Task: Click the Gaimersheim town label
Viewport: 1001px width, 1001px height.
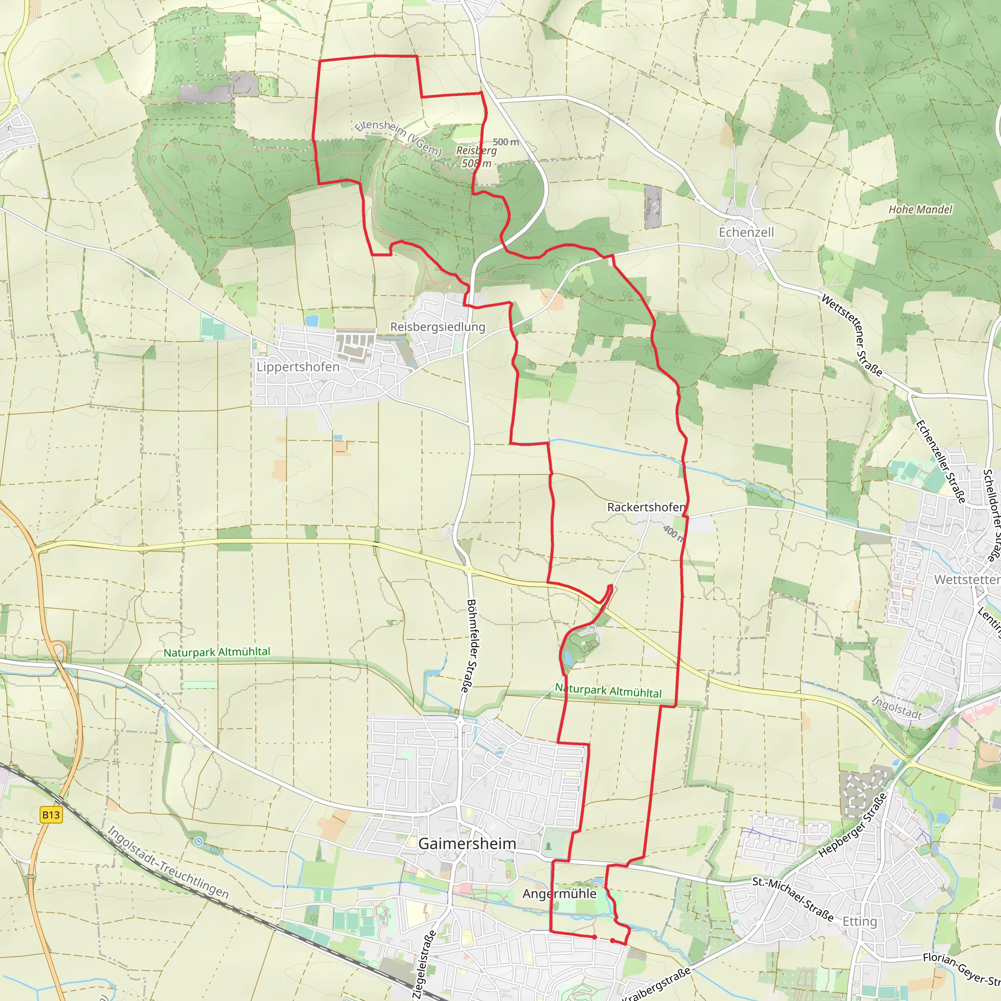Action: tap(467, 844)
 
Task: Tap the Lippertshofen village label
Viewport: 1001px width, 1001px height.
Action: tap(298, 367)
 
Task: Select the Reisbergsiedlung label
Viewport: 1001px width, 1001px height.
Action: tap(437, 327)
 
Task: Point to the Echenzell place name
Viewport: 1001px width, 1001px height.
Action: tap(746, 232)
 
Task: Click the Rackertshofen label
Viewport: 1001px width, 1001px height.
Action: tap(646, 507)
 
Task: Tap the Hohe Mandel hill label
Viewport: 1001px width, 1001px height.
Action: tap(920, 209)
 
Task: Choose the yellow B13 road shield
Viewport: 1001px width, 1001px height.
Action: tap(51, 815)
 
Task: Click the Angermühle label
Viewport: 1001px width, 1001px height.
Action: tap(559, 894)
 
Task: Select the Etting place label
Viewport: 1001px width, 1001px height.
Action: tap(860, 922)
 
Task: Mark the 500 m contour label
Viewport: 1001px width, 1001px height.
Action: tap(505, 142)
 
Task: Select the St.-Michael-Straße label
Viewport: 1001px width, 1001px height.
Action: tap(793, 899)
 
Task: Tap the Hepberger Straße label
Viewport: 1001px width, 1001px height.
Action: tap(852, 825)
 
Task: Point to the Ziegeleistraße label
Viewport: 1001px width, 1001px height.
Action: tap(424, 964)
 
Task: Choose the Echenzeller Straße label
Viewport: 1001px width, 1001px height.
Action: tap(940, 461)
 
